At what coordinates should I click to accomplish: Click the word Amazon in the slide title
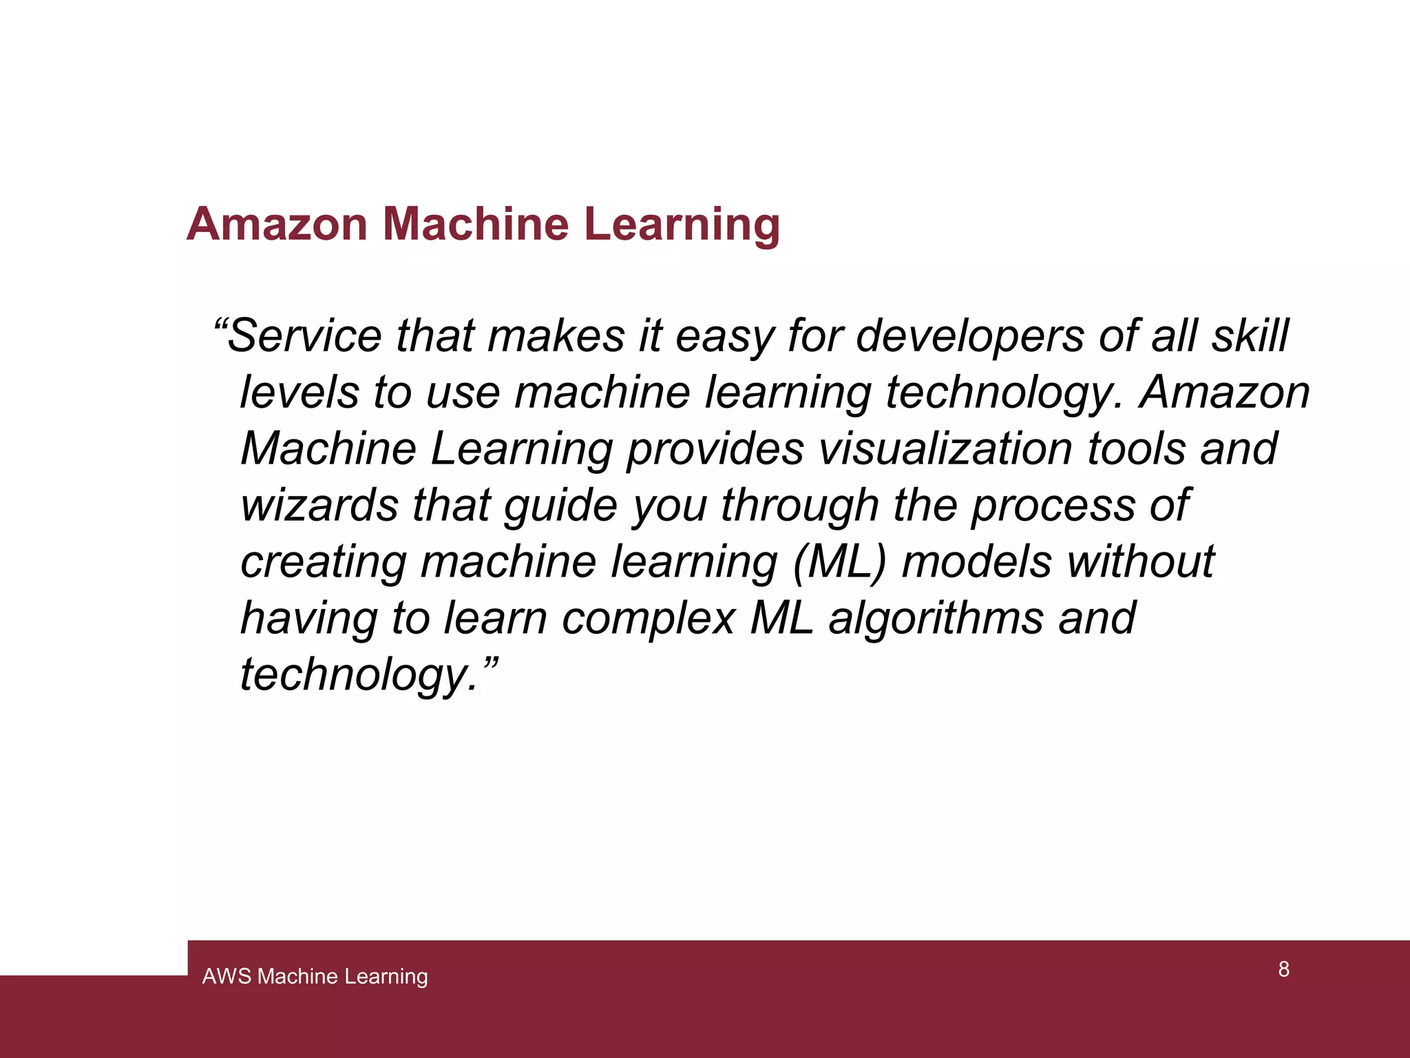(277, 224)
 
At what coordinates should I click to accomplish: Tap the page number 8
(1283, 969)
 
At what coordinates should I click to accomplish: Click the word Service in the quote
(304, 336)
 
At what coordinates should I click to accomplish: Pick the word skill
(1250, 336)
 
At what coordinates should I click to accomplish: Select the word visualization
(945, 449)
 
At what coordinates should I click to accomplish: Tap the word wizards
(319, 505)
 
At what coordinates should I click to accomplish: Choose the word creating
(324, 562)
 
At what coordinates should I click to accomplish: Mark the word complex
(649, 619)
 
